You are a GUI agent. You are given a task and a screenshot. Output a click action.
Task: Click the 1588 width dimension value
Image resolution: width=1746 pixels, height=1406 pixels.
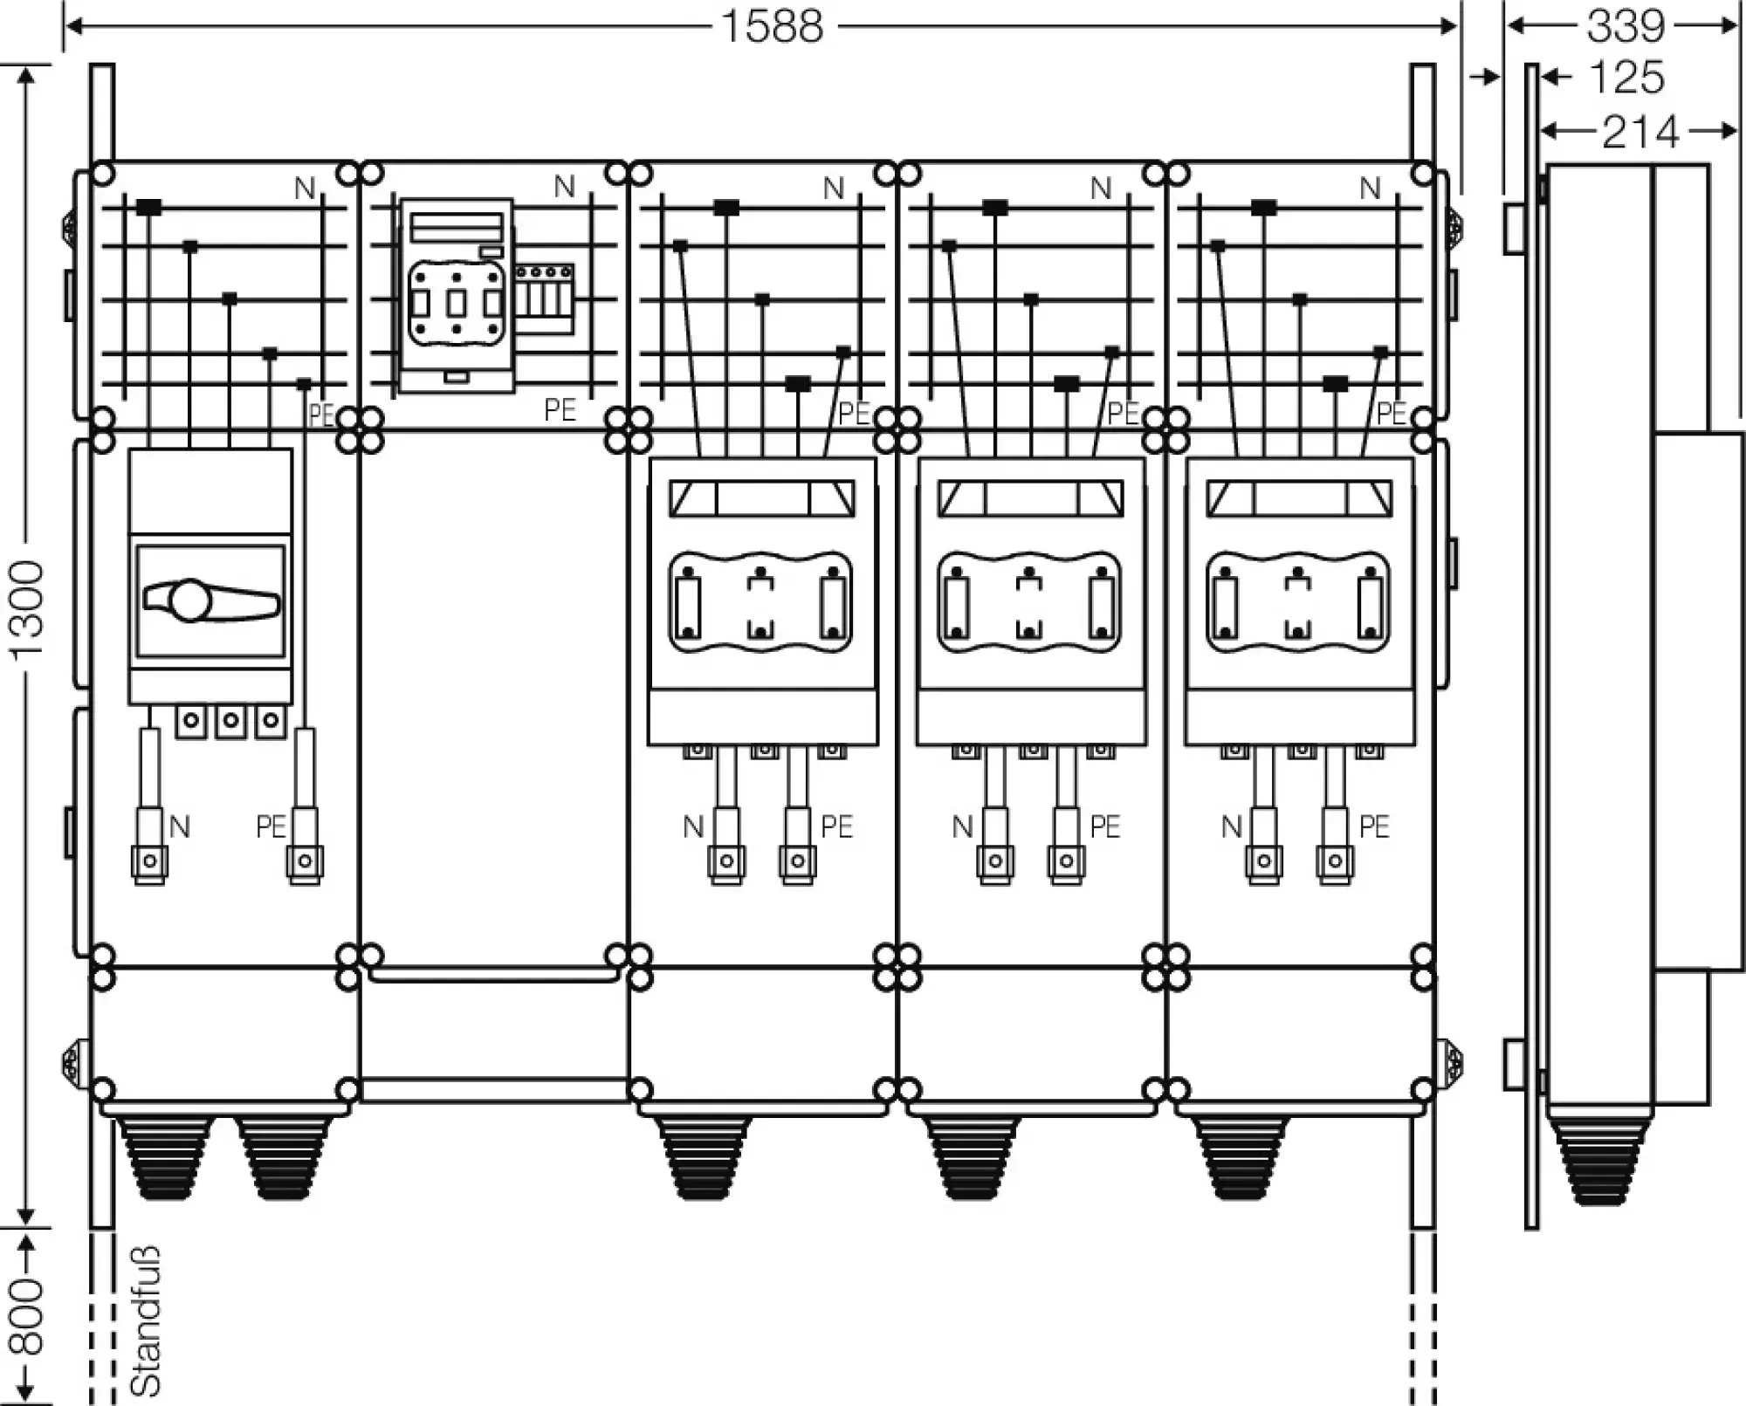773,26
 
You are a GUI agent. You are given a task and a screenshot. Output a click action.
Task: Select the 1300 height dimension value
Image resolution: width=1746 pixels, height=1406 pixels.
28,611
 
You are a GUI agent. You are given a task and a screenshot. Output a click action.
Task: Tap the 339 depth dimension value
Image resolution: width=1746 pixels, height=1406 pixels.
1626,26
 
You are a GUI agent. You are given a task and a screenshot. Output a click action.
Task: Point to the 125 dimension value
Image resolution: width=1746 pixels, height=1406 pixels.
1626,78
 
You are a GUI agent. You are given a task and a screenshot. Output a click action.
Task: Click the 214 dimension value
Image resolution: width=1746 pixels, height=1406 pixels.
1640,133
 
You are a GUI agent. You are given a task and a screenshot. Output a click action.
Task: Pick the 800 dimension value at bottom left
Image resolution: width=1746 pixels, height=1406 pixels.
28,1318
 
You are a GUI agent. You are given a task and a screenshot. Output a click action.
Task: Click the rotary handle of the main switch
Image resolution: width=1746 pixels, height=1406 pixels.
210,600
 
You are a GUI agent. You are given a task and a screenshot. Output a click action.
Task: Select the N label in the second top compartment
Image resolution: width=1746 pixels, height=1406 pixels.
564,187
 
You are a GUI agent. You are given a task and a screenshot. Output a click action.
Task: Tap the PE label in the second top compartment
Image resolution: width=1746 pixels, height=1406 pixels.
560,409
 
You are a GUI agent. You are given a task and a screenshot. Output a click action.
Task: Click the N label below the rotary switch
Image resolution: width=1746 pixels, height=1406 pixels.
179,826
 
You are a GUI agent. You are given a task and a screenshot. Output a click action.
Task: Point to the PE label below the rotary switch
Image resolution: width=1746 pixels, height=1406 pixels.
271,826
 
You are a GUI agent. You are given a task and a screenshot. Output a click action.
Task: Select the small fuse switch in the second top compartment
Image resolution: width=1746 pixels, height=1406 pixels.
456,297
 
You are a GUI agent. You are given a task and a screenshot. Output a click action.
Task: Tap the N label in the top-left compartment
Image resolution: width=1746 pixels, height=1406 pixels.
304,188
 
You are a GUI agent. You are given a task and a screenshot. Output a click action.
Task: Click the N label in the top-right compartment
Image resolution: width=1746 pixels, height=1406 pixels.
1370,188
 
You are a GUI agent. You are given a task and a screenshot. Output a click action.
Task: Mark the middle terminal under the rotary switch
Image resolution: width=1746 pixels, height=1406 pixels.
230,721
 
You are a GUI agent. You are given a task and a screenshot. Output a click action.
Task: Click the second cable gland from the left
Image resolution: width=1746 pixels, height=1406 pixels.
284,1156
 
